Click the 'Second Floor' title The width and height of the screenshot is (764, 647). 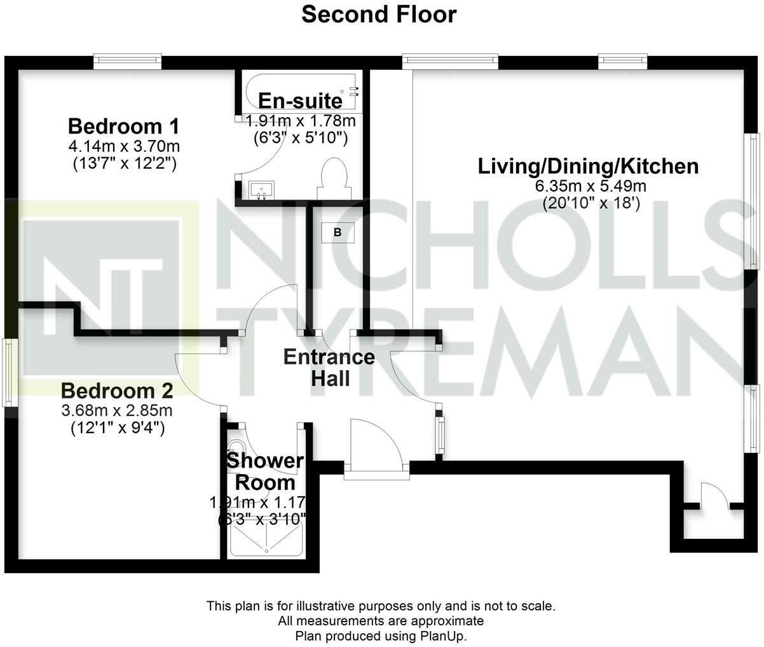pyautogui.click(x=379, y=14)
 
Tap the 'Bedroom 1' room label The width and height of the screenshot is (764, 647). pyautogui.click(x=124, y=125)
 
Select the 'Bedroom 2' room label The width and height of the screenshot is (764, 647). pyautogui.click(x=117, y=390)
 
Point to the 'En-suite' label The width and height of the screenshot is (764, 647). pyautogui.click(x=300, y=101)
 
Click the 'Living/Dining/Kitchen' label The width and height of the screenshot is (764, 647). pyautogui.click(x=588, y=167)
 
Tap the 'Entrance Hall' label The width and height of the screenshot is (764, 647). pyautogui.click(x=329, y=367)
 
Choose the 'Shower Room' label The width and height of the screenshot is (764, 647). pyautogui.click(x=264, y=471)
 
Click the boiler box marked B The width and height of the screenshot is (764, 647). pyautogui.click(x=338, y=233)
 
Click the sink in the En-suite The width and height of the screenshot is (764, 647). pyautogui.click(x=261, y=190)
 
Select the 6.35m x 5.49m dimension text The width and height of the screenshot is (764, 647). pyautogui.click(x=588, y=186)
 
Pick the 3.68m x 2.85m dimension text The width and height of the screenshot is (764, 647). pyautogui.click(x=117, y=410)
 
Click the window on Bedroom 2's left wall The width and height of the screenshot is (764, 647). pyautogui.click(x=8, y=372)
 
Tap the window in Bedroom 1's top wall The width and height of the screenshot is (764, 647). pyautogui.click(x=127, y=61)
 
